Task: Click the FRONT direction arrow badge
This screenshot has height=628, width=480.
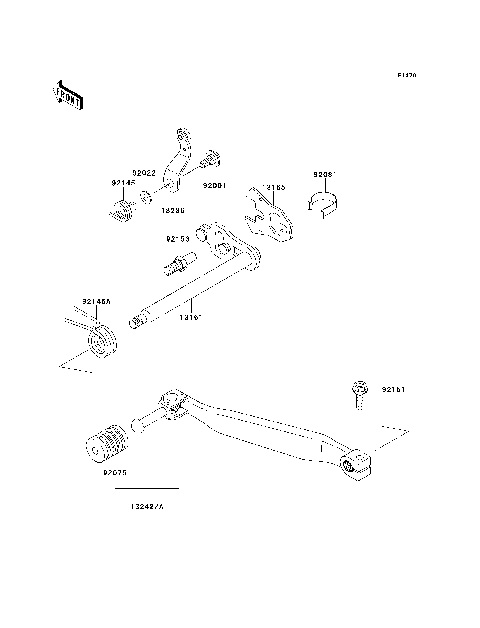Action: pyautogui.click(x=67, y=94)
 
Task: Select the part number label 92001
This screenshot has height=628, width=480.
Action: pyautogui.click(x=214, y=185)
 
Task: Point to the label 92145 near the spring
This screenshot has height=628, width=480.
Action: pyautogui.click(x=122, y=184)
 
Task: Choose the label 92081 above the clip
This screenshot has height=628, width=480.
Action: pyautogui.click(x=326, y=173)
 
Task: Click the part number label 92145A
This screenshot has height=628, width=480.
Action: pyautogui.click(x=97, y=301)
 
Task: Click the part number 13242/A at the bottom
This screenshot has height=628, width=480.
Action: pyautogui.click(x=147, y=507)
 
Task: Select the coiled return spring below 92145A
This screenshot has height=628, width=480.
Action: pyautogui.click(x=101, y=339)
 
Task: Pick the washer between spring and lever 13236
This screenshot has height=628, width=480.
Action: pyautogui.click(x=147, y=197)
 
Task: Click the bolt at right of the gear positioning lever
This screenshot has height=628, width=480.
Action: pyautogui.click(x=212, y=157)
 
